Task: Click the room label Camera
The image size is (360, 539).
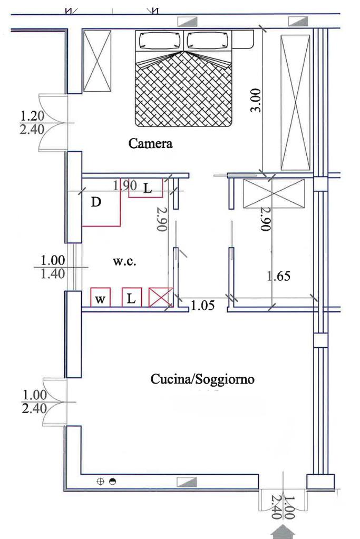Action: [150, 143]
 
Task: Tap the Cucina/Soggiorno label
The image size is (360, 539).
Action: [202, 379]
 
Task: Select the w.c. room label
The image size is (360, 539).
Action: [124, 261]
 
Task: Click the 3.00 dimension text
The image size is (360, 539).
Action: [256, 100]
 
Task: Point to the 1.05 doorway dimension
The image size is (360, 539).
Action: [202, 305]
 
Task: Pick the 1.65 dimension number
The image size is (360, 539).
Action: [279, 276]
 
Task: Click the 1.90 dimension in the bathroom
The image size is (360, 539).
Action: [125, 185]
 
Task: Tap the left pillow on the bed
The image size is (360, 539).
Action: [160, 41]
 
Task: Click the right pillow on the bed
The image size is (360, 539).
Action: [208, 41]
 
